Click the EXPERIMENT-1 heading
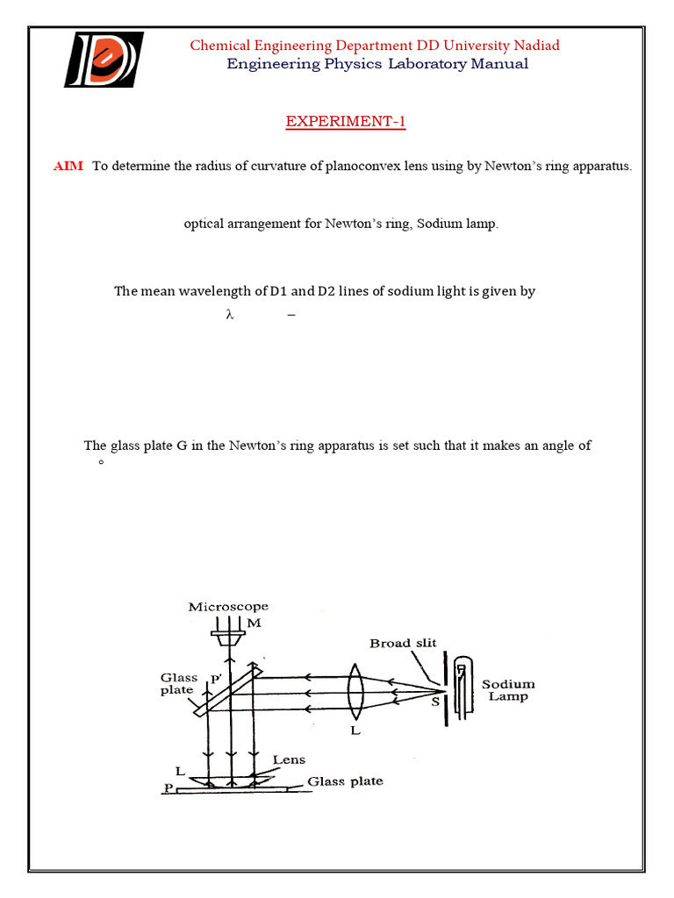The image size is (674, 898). point(345,122)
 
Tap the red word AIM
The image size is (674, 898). point(68,167)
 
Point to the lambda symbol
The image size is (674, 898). point(230,317)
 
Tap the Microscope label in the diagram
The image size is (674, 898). point(228,607)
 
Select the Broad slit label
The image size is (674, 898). point(403,643)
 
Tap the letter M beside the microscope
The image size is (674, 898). point(255,623)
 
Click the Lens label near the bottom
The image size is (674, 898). point(289,759)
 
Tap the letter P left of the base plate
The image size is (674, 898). point(167,788)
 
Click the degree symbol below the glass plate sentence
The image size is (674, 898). point(101,462)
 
